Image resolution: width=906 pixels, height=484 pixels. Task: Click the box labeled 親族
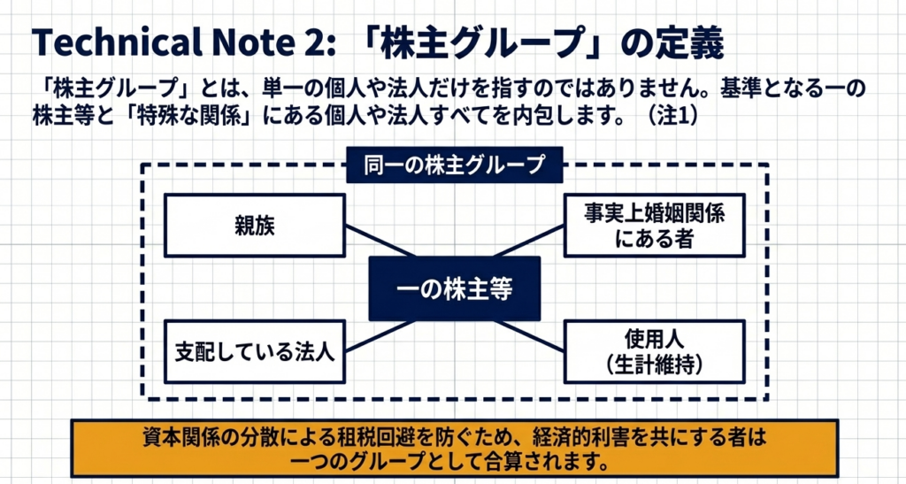(255, 225)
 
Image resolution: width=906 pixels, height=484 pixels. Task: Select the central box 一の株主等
(454, 288)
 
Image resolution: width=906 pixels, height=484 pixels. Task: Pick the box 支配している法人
(255, 351)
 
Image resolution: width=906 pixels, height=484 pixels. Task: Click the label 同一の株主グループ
(454, 164)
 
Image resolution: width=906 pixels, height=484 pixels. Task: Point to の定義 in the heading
(681, 42)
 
